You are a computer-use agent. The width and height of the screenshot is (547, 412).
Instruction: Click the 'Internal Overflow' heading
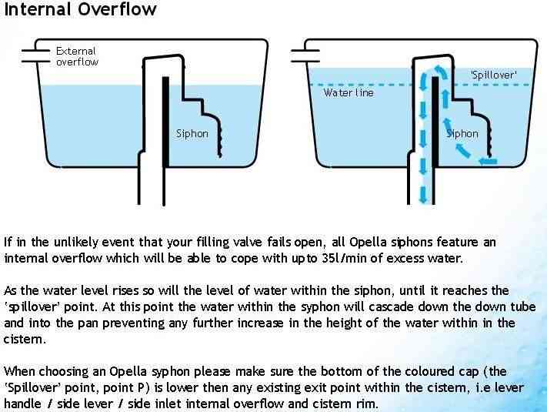tap(80, 10)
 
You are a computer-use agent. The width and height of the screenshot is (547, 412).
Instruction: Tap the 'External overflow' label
tap(77, 56)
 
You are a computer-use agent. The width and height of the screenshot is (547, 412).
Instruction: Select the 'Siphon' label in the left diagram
tap(192, 133)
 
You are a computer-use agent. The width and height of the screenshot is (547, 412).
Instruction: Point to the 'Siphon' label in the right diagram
tap(462, 133)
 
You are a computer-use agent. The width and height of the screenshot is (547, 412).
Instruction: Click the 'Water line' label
tap(349, 93)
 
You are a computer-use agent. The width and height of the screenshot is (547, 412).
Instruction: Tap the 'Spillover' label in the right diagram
tap(493, 75)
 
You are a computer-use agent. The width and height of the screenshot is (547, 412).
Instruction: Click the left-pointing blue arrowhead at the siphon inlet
tap(483, 161)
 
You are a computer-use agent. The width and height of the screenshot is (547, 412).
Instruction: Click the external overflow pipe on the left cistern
tap(35, 52)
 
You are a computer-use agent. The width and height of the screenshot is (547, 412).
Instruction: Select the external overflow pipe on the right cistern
tap(305, 52)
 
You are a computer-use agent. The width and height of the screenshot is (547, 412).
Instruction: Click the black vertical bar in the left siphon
tap(166, 120)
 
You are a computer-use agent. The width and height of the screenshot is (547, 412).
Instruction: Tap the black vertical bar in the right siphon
tap(435, 120)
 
